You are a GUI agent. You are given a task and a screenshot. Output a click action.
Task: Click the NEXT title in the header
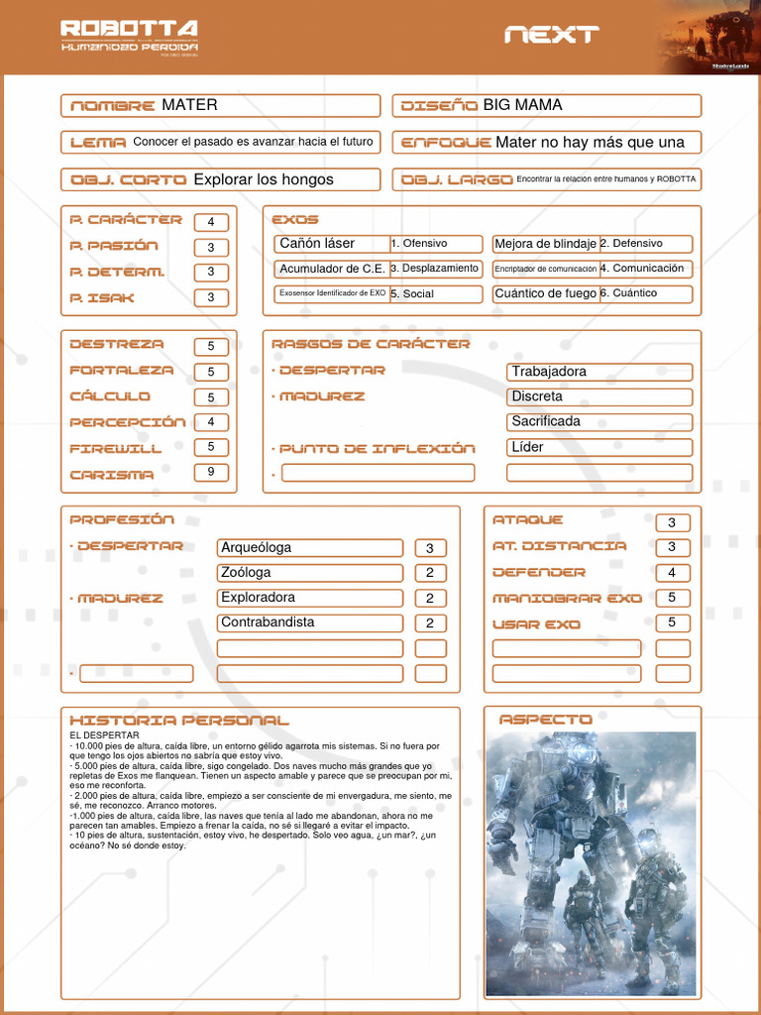pos(551,35)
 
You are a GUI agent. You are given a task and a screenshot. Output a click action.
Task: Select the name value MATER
pos(189,105)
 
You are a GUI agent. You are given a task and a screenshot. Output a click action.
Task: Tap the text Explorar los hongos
pos(264,179)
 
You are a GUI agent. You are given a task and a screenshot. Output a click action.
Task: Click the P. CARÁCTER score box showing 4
pos(211,222)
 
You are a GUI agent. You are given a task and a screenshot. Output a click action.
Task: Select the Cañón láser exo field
pos(317,244)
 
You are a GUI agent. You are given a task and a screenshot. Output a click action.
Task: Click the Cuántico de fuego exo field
pos(545,293)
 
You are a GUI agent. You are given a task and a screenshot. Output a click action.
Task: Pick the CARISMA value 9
pos(211,473)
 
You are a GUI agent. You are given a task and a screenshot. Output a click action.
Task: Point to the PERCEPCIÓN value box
pos(211,422)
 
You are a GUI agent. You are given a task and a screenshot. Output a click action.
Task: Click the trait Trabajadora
pos(549,372)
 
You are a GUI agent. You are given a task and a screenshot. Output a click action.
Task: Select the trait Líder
pos(528,447)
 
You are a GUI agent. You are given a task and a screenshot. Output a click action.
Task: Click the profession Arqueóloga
pos(257,548)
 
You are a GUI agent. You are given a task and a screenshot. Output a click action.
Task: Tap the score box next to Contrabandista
pos(430,623)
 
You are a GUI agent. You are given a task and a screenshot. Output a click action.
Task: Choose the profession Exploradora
pos(259,598)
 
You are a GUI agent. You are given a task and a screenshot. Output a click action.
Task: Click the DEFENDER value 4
pos(672,573)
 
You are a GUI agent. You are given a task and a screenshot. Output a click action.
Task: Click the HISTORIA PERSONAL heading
pos(179,720)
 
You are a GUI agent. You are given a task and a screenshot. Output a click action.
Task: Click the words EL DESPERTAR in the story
pos(104,735)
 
